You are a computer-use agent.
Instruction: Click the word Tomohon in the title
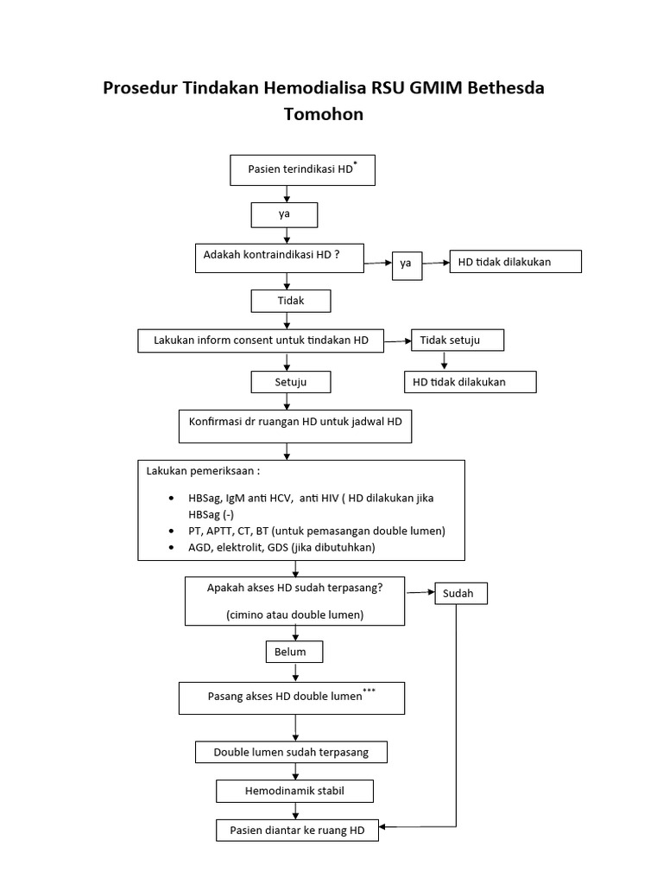324,114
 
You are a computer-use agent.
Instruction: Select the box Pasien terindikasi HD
302,170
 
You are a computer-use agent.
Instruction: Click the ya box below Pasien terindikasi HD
284,214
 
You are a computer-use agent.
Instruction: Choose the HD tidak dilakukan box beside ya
515,262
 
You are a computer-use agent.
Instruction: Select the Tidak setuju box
457,341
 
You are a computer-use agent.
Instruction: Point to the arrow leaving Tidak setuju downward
444,360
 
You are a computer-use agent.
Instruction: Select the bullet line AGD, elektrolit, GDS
281,548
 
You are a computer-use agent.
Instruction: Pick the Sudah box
460,595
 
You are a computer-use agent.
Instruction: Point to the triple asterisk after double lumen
369,691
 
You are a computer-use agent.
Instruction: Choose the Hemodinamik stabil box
295,791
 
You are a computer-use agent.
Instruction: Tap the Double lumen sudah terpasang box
291,752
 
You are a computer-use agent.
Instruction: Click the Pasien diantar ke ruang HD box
297,831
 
